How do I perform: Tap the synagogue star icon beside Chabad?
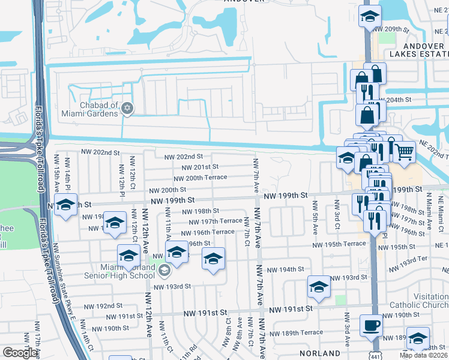tap(126, 109)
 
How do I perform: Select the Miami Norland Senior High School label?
tap(128, 271)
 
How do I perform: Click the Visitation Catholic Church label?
tap(418, 300)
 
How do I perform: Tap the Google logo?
tap(20, 353)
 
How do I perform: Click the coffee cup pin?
tap(370, 326)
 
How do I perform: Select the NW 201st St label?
tap(199, 167)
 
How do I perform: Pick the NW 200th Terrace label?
tap(200, 178)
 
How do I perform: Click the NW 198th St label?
tap(200, 211)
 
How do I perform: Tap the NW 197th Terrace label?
tap(215, 221)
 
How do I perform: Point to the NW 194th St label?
tap(286, 269)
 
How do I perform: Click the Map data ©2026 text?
tap(423, 355)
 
